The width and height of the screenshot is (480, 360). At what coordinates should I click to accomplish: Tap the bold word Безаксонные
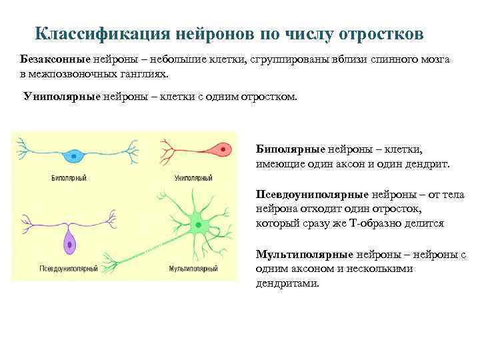pos(49,59)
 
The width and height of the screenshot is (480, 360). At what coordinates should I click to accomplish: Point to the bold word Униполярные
pos(61,96)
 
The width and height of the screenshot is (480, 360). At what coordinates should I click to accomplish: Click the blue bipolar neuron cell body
pos(75,156)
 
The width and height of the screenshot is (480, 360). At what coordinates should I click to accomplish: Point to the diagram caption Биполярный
pos(69,178)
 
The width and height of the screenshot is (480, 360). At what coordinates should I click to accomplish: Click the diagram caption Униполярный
pos(193,178)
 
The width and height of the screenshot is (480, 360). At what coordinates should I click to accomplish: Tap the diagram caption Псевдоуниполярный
pos(69,269)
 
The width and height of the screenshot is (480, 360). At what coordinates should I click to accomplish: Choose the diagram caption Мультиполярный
pos(193,269)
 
